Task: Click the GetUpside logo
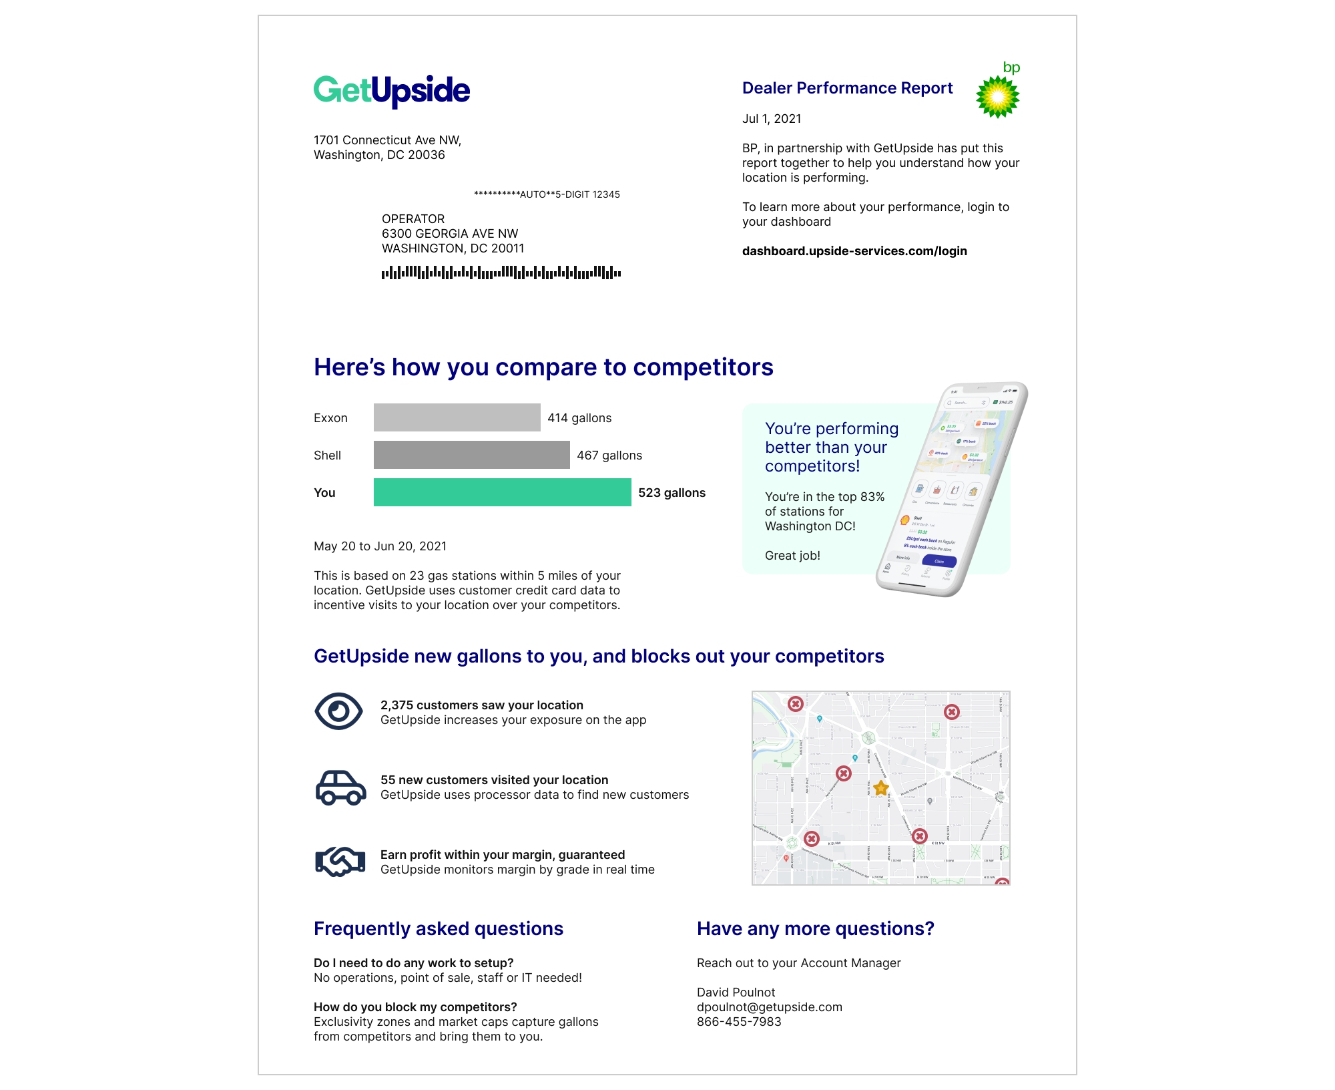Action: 392,91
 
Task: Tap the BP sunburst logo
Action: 997,97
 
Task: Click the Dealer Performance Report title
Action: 847,88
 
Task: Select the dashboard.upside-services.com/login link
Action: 854,251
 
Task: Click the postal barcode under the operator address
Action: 501,272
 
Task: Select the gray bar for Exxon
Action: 457,417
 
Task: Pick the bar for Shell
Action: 471,455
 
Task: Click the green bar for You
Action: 502,492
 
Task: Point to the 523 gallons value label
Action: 672,493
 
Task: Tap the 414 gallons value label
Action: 579,418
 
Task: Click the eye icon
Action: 338,711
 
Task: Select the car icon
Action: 340,787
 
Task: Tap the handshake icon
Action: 340,862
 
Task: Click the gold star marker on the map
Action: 880,788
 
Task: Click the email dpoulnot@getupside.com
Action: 770,1007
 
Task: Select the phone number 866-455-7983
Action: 739,1022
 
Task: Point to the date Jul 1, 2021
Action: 772,119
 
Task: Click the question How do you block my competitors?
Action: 415,1007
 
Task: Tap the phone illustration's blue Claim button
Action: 939,561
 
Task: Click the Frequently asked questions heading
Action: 439,929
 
